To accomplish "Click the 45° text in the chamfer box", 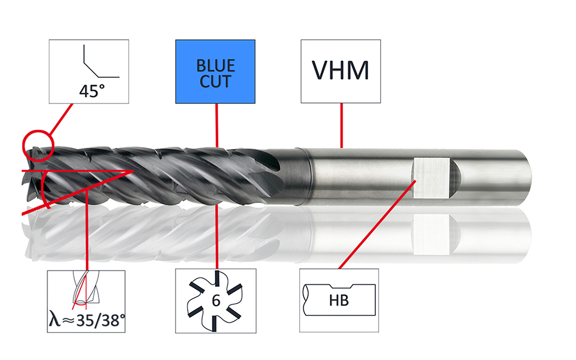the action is point(92,91).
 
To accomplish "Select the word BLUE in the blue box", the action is point(215,66).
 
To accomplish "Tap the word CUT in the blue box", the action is point(215,82).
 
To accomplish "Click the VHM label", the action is point(340,70).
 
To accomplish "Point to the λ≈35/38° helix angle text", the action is point(87,320).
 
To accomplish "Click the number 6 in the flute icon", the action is point(216,300).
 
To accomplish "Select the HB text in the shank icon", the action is point(339,300).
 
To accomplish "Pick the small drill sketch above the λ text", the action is point(85,288).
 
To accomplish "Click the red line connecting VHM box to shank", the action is point(341,125).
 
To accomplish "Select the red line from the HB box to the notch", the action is point(377,224).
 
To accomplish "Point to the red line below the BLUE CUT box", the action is point(217,125).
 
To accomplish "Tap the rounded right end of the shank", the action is point(526,178).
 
